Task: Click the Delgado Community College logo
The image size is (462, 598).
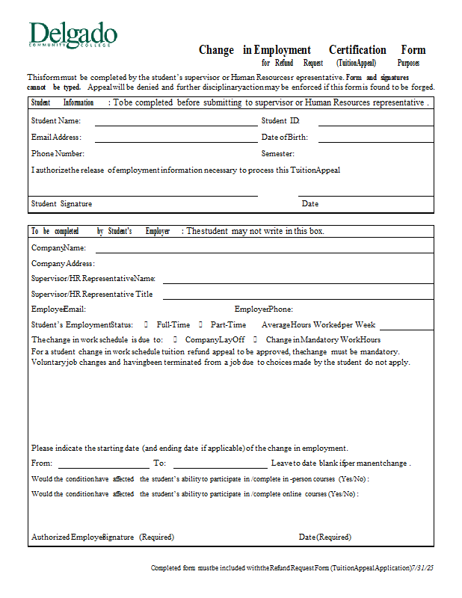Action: (73, 35)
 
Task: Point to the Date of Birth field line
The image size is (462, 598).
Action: (376, 141)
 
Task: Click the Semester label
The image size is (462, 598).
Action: (278, 154)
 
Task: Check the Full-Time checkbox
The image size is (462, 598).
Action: (147, 325)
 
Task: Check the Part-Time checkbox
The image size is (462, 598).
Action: (200, 325)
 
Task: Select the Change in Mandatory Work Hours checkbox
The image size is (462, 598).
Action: (256, 340)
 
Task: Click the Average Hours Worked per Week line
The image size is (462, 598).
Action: (406, 329)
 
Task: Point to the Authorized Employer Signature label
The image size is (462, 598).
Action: (102, 537)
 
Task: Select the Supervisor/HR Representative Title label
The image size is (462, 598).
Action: (92, 295)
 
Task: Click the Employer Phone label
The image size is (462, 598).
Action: (264, 309)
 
